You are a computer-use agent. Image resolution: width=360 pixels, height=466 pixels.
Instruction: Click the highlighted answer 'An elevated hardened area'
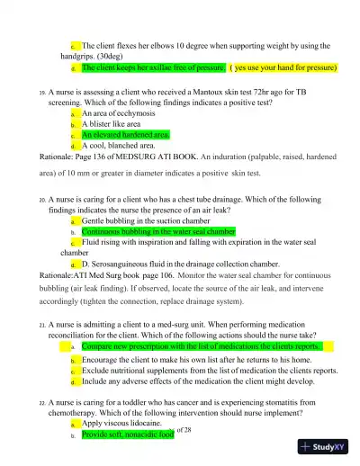126,135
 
